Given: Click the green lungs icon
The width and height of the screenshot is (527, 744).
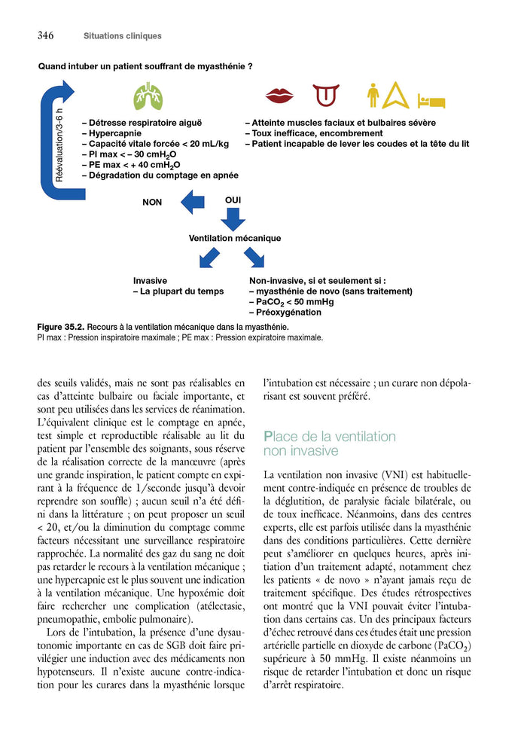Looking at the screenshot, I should click(x=149, y=96).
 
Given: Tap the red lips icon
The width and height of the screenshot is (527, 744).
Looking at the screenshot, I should click(x=279, y=96).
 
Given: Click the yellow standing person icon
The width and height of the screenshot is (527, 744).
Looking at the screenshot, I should click(x=372, y=96).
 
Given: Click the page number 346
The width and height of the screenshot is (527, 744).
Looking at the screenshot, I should click(x=44, y=35).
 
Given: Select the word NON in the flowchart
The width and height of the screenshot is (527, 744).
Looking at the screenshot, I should click(x=152, y=203).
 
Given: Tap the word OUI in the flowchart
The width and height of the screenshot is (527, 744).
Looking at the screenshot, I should click(x=233, y=200).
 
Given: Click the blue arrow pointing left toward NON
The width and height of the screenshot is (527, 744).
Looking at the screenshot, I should click(x=192, y=202).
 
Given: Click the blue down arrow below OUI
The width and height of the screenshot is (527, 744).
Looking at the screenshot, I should click(x=233, y=219).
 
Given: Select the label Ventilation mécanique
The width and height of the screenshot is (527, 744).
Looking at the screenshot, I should click(x=234, y=239).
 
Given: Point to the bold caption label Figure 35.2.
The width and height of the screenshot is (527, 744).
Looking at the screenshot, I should click(x=60, y=328).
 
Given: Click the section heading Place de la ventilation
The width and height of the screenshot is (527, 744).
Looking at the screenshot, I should click(x=329, y=437).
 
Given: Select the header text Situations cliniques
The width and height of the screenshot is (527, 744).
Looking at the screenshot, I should click(x=122, y=36).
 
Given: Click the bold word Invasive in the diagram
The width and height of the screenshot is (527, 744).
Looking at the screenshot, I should click(x=150, y=280).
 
